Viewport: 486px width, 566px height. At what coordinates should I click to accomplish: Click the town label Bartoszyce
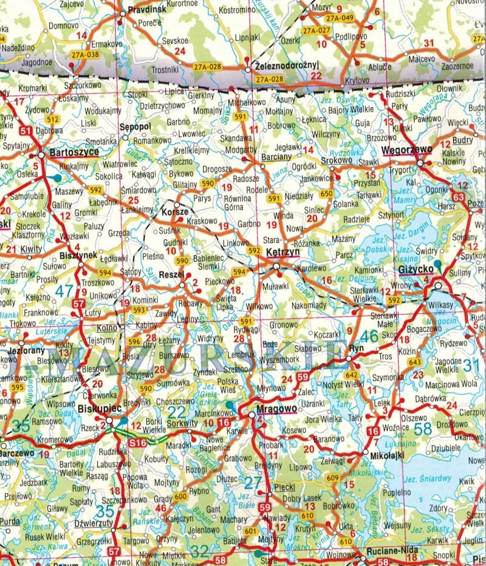[75, 152]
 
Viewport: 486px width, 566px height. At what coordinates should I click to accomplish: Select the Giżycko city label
[432, 267]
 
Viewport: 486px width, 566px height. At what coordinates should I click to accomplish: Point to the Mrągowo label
[276, 409]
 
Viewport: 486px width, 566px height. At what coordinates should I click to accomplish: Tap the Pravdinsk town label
[147, 10]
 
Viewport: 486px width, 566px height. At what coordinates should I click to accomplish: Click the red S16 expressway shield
[138, 443]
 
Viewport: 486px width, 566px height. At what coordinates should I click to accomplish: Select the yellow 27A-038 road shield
[84, 54]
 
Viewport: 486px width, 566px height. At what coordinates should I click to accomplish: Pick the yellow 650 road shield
[327, 193]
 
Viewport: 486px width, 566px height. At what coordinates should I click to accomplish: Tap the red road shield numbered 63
[458, 198]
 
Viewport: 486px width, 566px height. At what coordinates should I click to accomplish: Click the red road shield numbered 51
[25, 131]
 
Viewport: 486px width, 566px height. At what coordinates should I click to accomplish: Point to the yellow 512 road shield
[52, 119]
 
